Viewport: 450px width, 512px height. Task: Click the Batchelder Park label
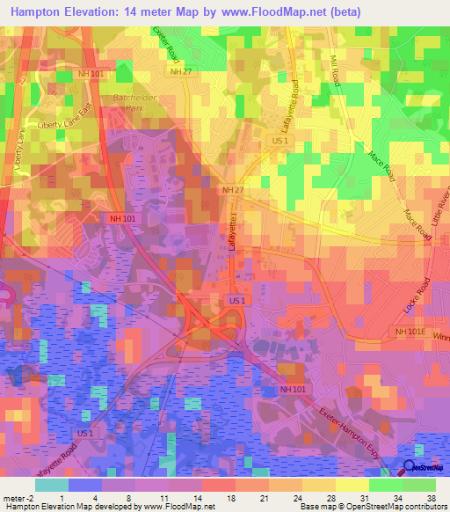pyautogui.click(x=121, y=103)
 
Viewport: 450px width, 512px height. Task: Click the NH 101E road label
pyautogui.click(x=409, y=331)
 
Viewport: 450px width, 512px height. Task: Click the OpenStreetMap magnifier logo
pyautogui.click(x=409, y=468)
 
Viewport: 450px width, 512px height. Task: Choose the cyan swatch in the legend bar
pyautogui.click(x=52, y=485)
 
